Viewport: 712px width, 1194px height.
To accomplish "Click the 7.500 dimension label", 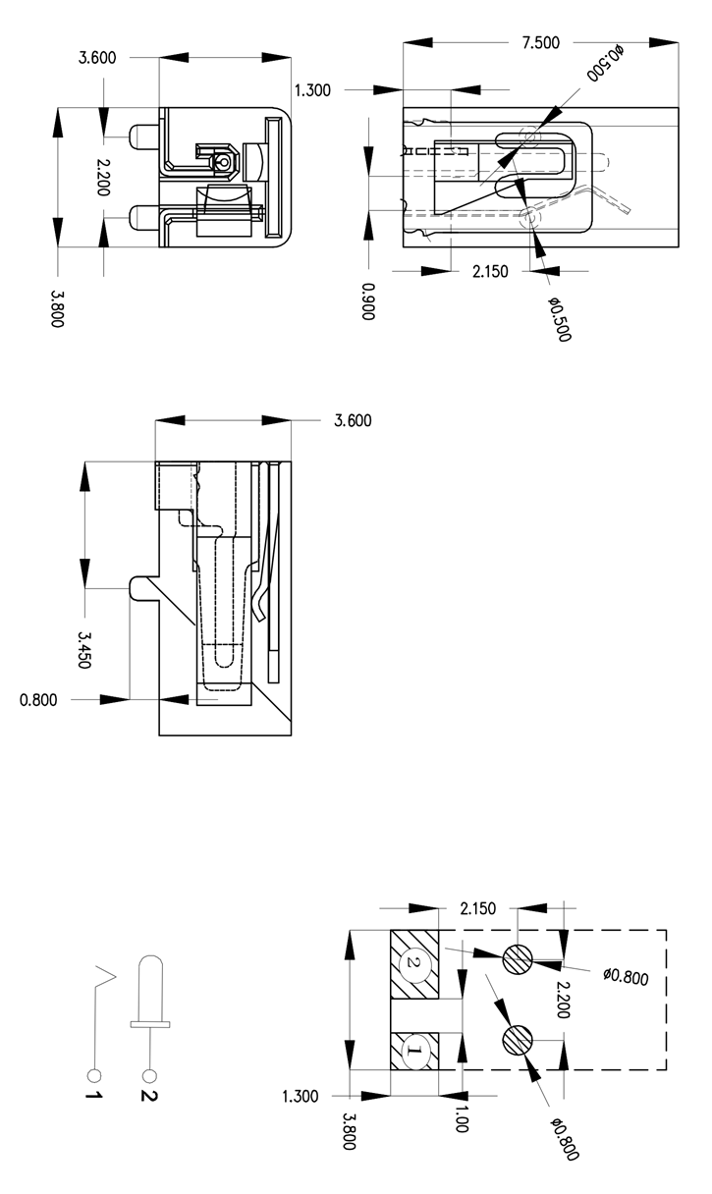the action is click(540, 42).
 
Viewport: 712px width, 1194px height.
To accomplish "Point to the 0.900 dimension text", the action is click(368, 301).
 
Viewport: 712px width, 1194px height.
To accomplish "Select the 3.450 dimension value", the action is click(84, 650).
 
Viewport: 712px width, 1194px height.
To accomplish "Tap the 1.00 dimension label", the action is click(462, 1118).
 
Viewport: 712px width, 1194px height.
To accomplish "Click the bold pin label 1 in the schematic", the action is click(93, 1096).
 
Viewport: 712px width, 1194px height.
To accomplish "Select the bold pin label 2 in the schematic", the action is click(149, 1096).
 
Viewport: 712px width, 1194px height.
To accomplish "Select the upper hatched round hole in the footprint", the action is click(517, 958).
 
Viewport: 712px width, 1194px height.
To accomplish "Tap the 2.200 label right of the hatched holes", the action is click(564, 1000).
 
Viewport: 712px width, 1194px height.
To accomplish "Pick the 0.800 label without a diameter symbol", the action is click(38, 700).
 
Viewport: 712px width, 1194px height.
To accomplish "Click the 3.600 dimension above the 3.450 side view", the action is click(353, 420).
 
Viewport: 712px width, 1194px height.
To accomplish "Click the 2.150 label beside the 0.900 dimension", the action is click(490, 272).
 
